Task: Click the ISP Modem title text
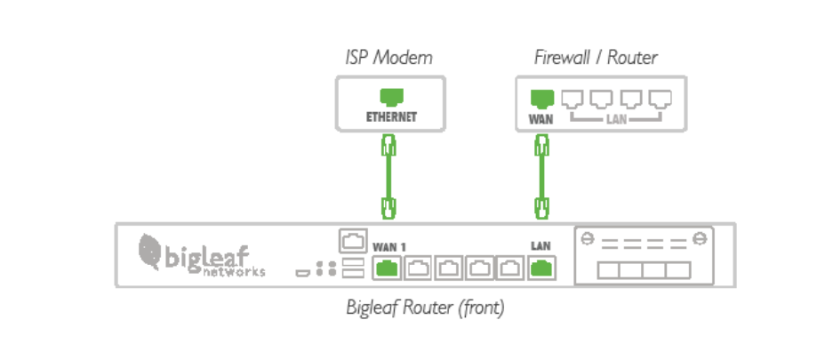click(388, 59)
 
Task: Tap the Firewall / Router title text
click(596, 59)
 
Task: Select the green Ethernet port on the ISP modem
click(390, 97)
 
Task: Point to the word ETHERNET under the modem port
click(390, 116)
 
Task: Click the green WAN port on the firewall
click(540, 98)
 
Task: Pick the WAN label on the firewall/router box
click(540, 116)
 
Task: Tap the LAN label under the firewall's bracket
click(616, 117)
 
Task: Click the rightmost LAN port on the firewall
click(660, 98)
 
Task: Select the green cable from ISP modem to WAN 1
click(388, 177)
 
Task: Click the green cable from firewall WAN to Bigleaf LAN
click(540, 177)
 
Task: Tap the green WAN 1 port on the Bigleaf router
click(388, 267)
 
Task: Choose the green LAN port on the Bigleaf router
click(539, 267)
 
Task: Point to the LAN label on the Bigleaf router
click(539, 245)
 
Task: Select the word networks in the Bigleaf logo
click(234, 272)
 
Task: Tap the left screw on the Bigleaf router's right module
click(587, 239)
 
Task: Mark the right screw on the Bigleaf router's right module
click(701, 239)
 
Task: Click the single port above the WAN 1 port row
click(350, 241)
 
